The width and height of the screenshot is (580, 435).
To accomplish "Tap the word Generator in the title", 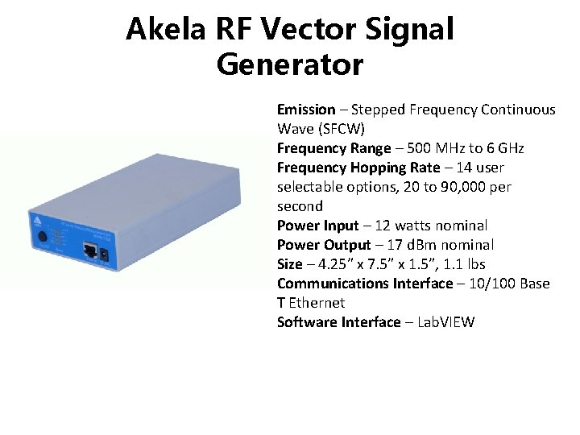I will tap(290, 64).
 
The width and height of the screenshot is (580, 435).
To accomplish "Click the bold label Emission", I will tap(306, 110).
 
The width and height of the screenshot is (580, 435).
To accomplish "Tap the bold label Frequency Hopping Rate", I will tap(358, 168).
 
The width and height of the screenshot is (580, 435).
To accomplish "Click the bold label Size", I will tap(290, 264).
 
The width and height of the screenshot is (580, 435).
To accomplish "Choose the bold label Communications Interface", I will tap(365, 284).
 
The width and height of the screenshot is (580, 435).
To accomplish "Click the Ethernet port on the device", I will tap(93, 251).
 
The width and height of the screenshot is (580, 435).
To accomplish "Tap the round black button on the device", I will tap(41, 238).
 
